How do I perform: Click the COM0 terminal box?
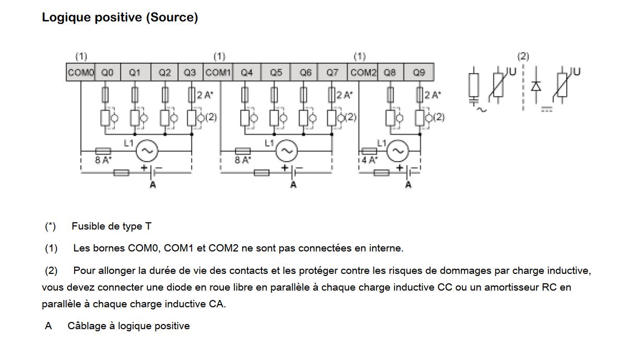(80, 73)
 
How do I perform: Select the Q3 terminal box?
(191, 73)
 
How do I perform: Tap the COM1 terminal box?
(218, 73)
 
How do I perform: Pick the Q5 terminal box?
(276, 73)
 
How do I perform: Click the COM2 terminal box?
(363, 73)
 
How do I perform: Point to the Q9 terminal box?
(419, 73)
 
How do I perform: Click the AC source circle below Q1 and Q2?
(147, 151)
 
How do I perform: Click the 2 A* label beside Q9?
(432, 95)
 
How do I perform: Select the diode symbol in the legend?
(534, 87)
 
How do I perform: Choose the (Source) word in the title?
(172, 17)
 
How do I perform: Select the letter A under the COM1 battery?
(293, 185)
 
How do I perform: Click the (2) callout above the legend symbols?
(523, 56)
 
